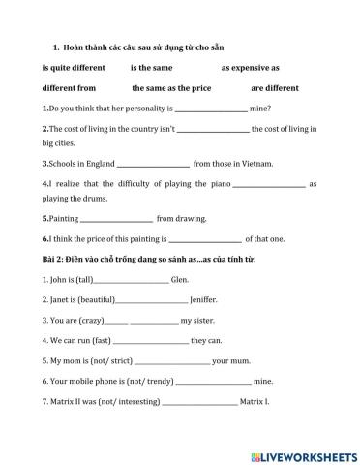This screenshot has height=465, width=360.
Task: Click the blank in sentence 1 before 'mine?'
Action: (x=211, y=109)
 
